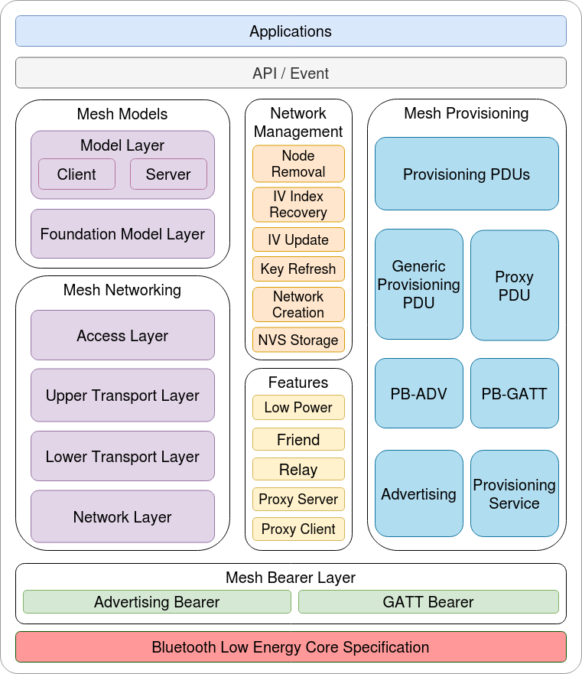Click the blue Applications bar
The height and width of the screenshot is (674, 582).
point(291,31)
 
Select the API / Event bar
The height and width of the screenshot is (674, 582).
point(291,73)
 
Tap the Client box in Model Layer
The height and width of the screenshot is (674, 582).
point(76,174)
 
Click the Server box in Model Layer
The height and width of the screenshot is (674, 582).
point(168,174)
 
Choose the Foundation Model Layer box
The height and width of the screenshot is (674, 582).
point(122,234)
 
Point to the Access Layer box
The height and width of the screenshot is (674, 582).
point(122,335)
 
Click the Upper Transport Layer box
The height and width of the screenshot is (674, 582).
point(122,396)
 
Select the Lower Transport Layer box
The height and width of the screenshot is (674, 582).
point(122,457)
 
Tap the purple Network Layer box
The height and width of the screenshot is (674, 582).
point(122,517)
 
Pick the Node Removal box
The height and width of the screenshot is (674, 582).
point(298,164)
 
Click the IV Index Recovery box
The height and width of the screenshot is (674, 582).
point(298,204)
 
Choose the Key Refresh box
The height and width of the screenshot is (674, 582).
point(298,269)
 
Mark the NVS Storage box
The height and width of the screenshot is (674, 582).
point(298,340)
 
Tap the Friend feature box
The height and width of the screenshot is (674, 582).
point(298,440)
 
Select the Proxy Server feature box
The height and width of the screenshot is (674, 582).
point(298,500)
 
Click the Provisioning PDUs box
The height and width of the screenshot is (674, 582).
point(467,174)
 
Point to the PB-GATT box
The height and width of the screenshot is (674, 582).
point(514,394)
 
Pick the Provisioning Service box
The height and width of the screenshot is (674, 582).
point(514,494)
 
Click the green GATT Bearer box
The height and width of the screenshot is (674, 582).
point(428,602)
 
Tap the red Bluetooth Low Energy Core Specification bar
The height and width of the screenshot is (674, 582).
point(291,647)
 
